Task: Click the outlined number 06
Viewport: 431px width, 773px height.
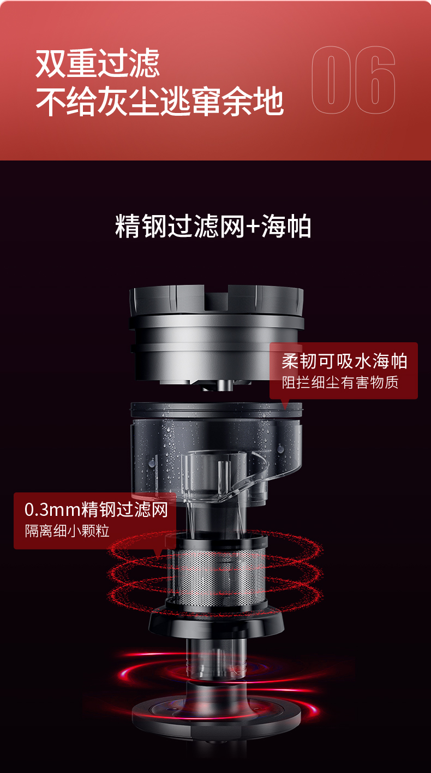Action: [x=353, y=80]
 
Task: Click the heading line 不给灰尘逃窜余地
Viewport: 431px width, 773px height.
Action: [x=160, y=101]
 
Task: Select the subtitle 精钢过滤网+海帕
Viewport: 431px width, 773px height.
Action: [x=213, y=226]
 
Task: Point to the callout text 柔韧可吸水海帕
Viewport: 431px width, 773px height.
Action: [x=344, y=361]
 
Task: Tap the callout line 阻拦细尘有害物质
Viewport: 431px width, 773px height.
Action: [x=340, y=382]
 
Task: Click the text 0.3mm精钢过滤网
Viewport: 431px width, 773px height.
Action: [x=96, y=510]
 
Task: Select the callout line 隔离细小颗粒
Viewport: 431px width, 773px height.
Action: [x=67, y=531]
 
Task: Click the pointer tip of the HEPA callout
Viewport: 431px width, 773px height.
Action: [x=285, y=408]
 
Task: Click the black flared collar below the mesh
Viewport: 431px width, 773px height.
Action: [x=217, y=621]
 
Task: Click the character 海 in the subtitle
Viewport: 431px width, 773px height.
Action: [x=273, y=226]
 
